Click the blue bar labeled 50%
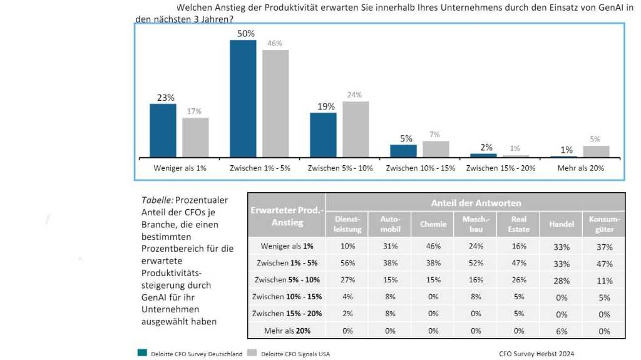[243, 98]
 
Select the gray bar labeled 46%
[275, 103]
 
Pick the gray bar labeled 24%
[356, 129]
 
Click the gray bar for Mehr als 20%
[596, 152]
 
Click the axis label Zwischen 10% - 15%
[419, 168]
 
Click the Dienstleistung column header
[347, 224]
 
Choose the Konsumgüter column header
[604, 224]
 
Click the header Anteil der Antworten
[475, 203]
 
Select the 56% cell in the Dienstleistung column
[347, 264]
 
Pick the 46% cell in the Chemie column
[433, 247]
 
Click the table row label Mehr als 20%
[287, 331]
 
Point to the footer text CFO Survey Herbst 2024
[536, 353]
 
